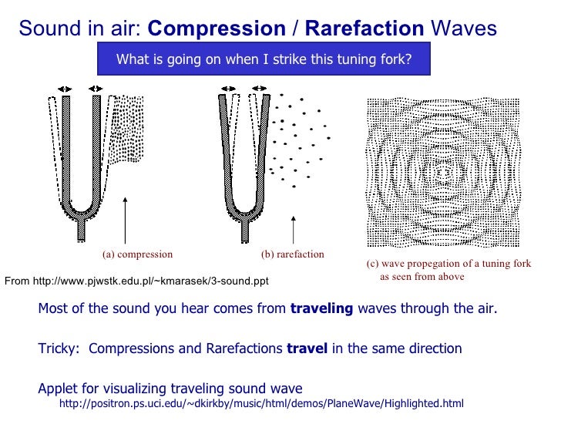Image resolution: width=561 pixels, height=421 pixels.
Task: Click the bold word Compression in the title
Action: point(217,29)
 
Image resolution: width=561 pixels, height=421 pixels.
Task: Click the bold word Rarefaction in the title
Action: point(364,29)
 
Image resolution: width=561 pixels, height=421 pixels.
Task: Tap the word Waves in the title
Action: point(464,29)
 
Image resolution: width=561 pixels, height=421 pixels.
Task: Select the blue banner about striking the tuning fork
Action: point(264,59)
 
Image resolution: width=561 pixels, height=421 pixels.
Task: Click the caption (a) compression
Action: point(137,254)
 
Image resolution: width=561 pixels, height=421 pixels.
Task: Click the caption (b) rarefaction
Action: point(293,254)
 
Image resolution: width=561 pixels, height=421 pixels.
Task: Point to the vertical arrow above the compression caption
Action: point(125,221)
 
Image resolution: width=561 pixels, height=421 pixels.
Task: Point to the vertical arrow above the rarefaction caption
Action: point(294,230)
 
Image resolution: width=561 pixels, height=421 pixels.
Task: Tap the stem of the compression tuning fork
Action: point(81,231)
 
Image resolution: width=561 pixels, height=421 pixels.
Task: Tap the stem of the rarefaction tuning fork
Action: point(245,231)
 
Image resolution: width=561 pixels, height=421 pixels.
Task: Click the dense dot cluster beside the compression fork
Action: point(126,129)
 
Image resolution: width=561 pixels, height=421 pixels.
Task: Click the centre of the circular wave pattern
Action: point(444,173)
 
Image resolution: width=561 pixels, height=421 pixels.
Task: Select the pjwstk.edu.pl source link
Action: point(136,281)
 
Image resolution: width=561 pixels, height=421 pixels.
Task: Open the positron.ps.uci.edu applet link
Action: point(261,403)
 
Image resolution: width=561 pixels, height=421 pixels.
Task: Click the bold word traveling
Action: point(321,308)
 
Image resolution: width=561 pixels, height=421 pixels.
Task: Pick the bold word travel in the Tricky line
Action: point(307,349)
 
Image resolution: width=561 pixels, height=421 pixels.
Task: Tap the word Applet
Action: point(58,389)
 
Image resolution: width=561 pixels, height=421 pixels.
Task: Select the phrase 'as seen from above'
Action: point(422,277)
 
